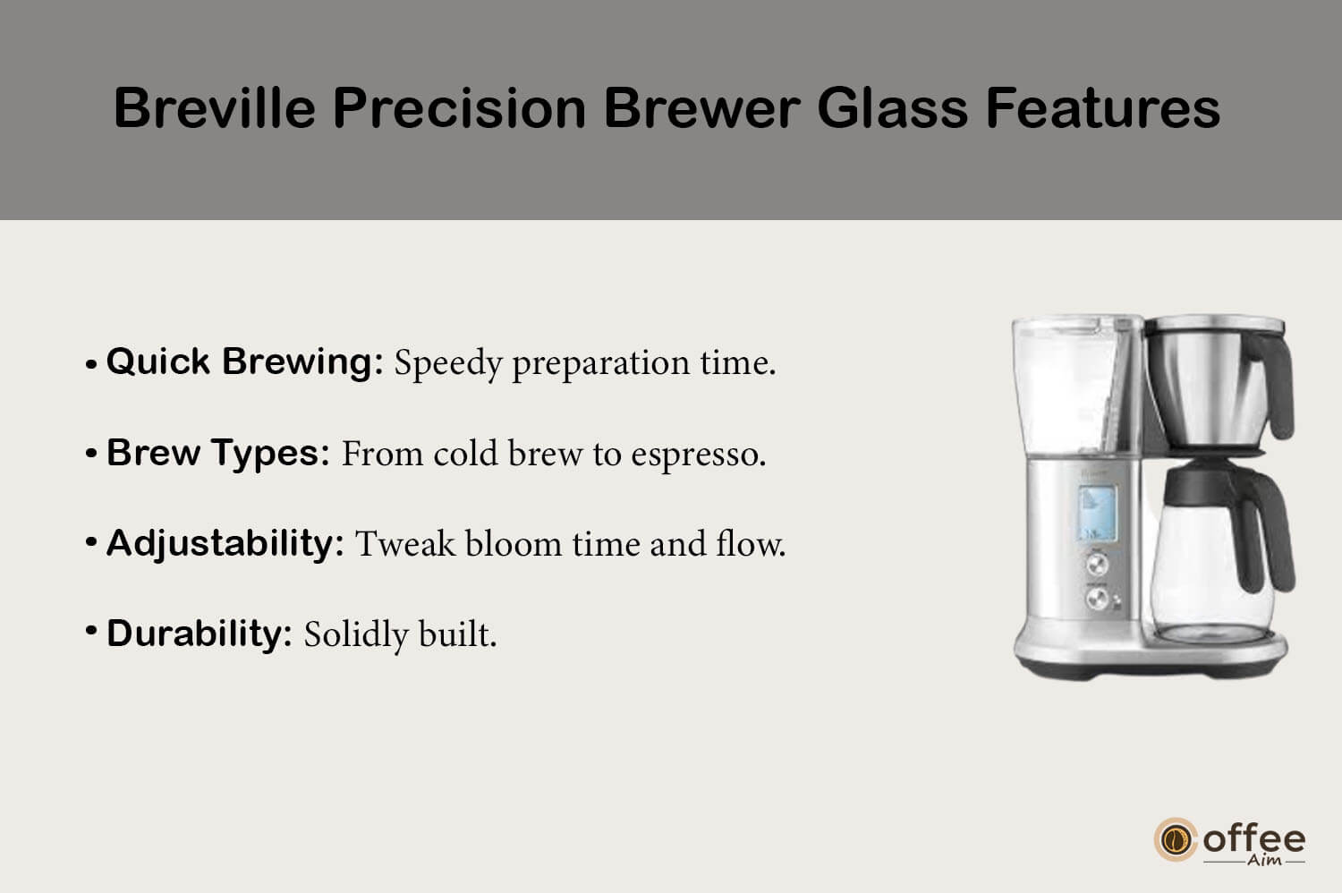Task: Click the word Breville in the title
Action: pos(215,108)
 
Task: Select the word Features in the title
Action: pos(1103,108)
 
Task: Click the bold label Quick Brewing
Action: pos(245,363)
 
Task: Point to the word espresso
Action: pos(699,454)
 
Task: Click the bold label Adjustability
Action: pos(225,544)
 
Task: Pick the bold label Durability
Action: pos(200,634)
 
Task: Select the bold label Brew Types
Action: pos(218,454)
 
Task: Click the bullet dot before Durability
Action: pos(91,631)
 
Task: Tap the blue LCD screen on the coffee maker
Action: pos(1097,514)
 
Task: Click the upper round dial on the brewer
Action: pos(1097,565)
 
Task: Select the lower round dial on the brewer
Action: pos(1098,598)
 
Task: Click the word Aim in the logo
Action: pos(1265,860)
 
